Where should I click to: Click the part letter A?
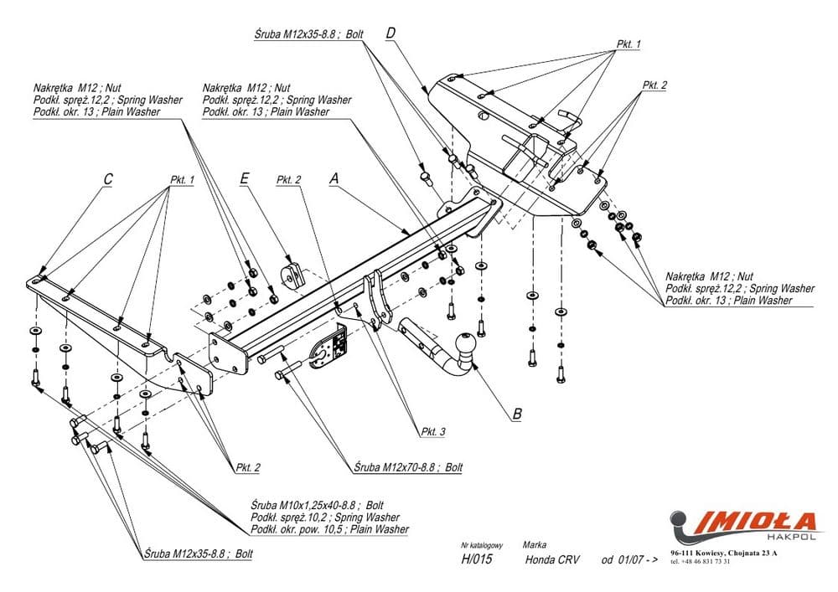click(334, 179)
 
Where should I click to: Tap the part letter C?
click(108, 179)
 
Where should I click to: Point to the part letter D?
click(391, 33)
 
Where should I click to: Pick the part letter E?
click(244, 179)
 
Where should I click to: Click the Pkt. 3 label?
click(432, 432)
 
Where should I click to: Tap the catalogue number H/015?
click(476, 560)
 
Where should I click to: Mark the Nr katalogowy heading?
click(482, 543)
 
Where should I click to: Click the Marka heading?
click(534, 543)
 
